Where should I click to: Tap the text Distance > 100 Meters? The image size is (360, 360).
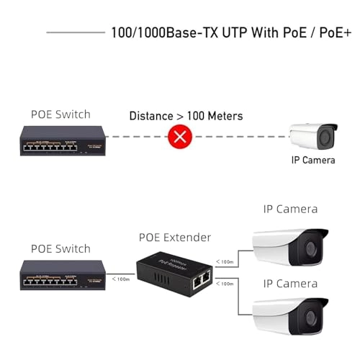tap(185, 115)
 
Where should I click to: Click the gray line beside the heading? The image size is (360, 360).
tap(75, 32)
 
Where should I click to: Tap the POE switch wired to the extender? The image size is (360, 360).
tap(60, 275)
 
